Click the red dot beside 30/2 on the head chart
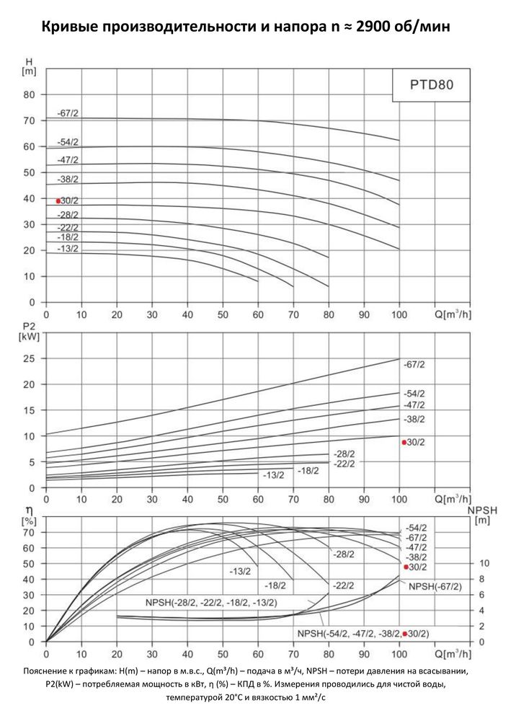coord(58,201)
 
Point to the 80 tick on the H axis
coord(30,94)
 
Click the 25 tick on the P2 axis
coord(30,358)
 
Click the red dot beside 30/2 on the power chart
coord(404,441)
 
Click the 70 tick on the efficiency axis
coord(30,532)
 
